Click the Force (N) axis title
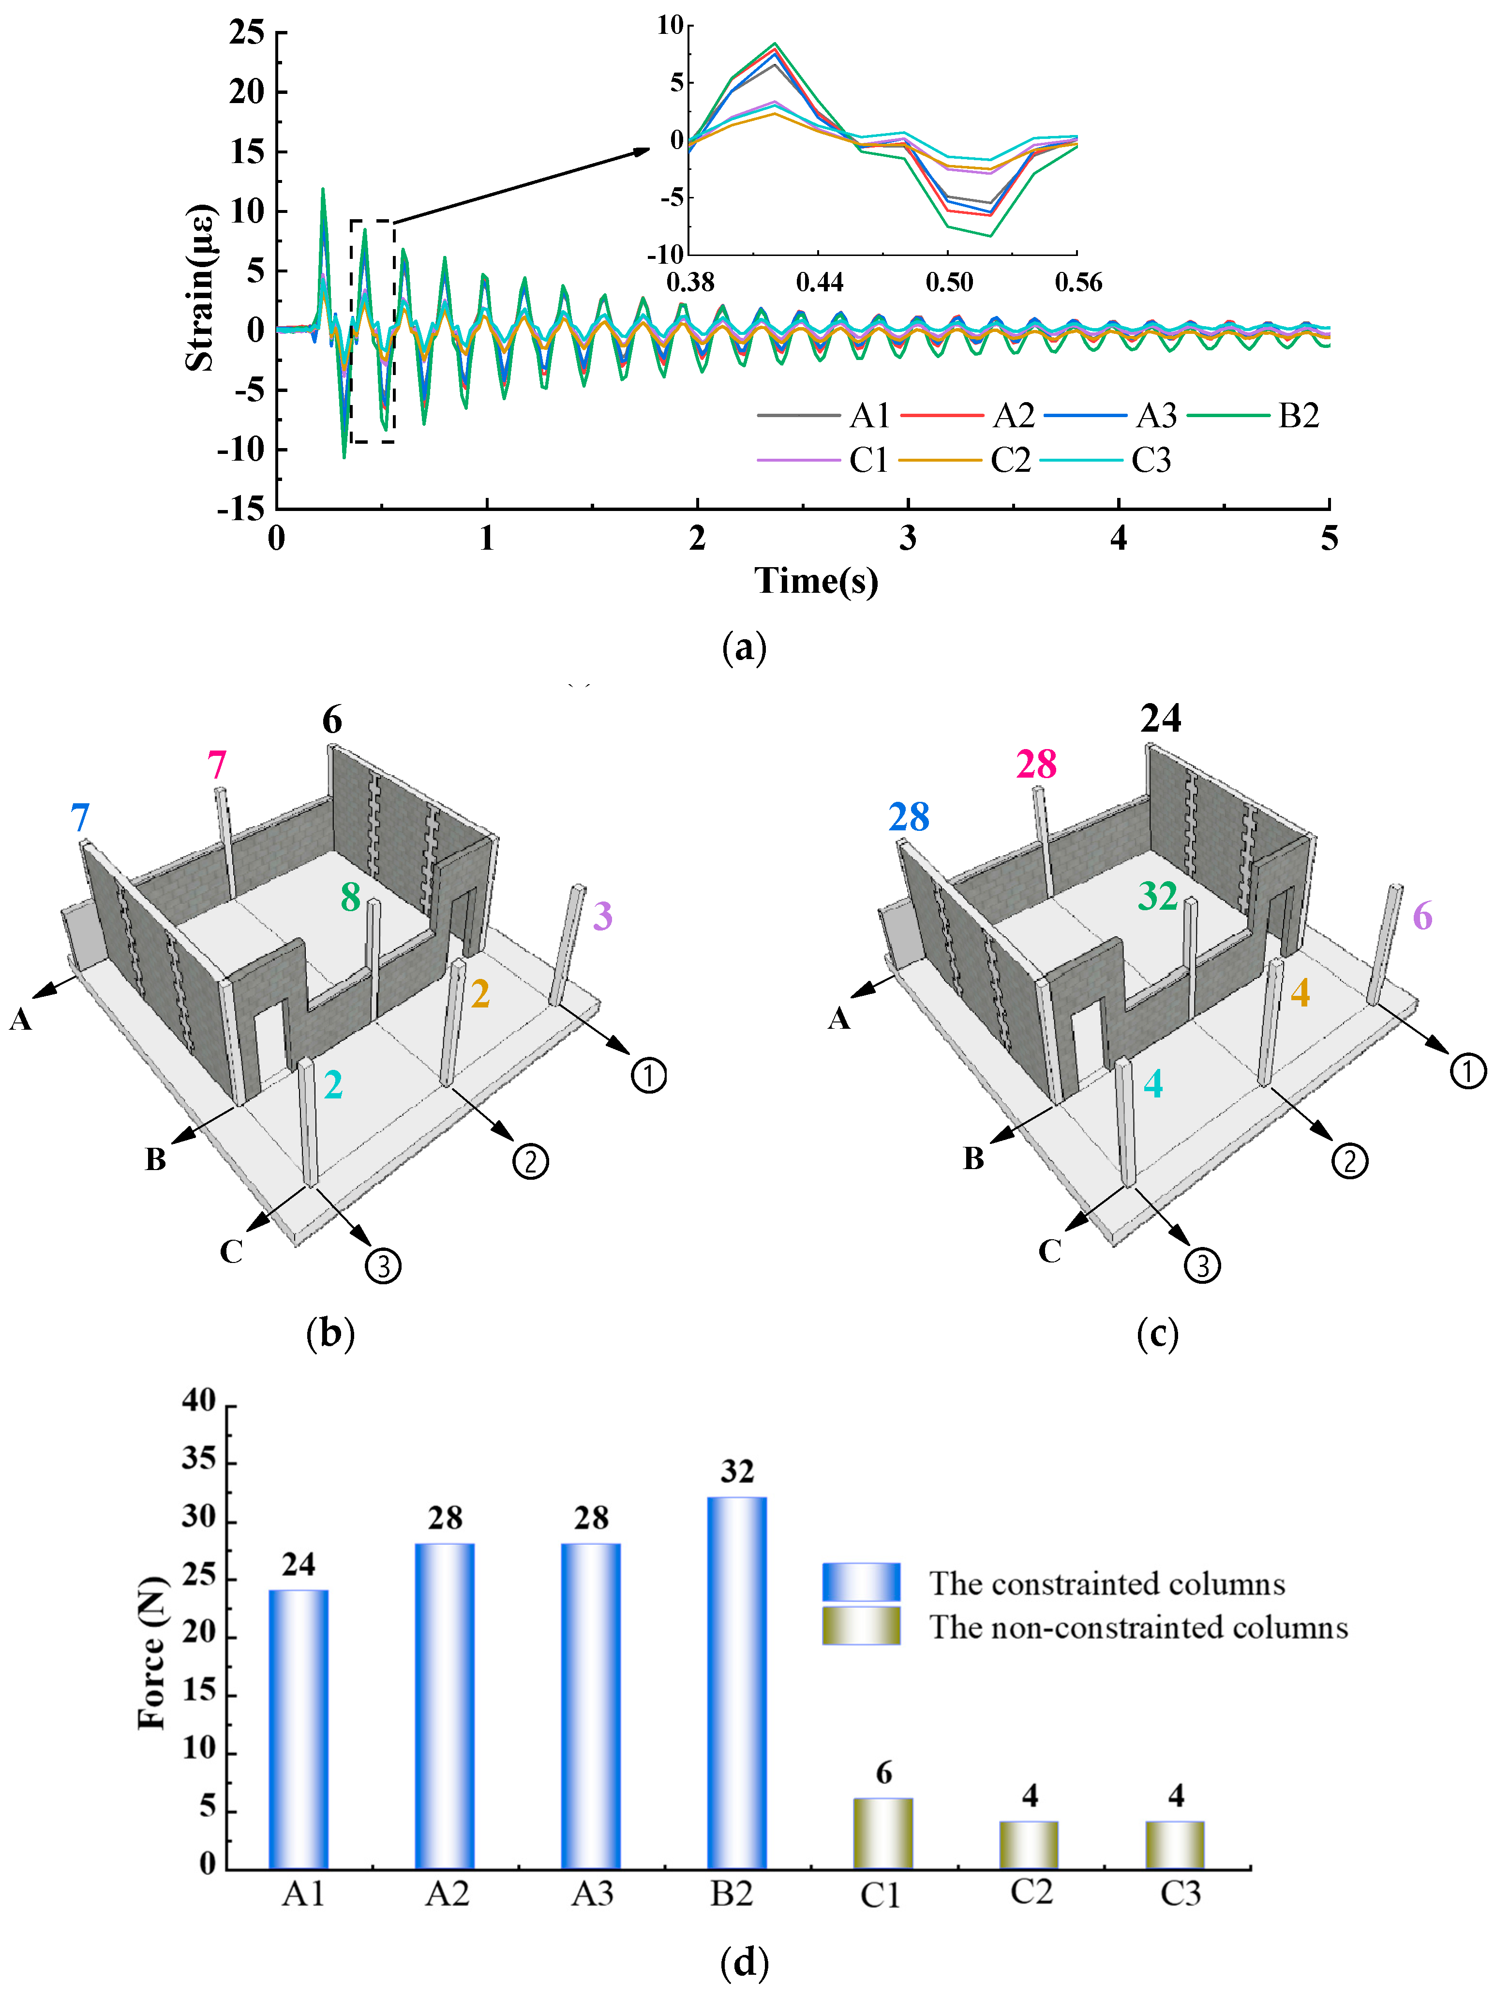(x=153, y=1653)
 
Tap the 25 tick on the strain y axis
(x=247, y=33)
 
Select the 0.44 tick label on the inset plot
(x=819, y=283)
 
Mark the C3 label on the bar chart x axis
(x=1180, y=1893)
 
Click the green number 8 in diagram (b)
(x=350, y=897)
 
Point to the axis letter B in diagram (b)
(x=155, y=1159)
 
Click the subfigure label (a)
(x=744, y=647)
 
